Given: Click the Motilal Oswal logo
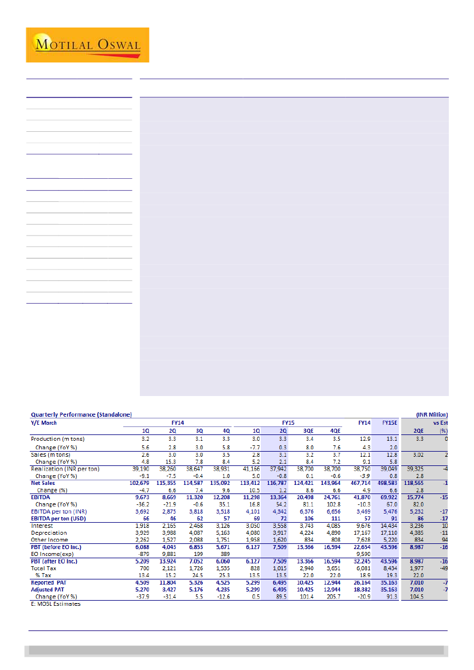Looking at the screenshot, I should pos(87,45).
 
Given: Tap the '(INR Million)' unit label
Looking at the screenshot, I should pos(432,414).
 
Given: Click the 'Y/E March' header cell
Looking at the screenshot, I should pos(44,422).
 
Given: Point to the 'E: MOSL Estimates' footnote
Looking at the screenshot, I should pos(56,604).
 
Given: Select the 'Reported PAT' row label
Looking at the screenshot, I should pos(49,582).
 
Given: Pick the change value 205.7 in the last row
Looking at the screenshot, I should pos(333,596).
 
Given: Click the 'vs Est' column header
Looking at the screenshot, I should pos(440,422).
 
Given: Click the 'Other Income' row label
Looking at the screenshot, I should pos(49,539).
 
